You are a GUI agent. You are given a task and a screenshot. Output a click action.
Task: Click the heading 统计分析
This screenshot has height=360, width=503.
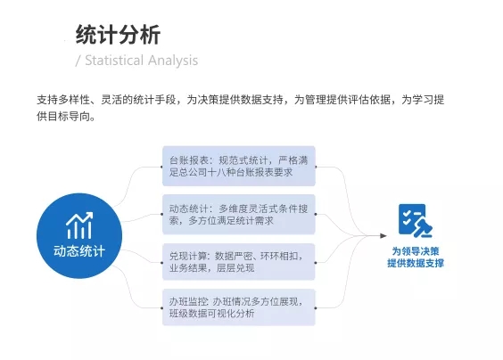click(x=118, y=35)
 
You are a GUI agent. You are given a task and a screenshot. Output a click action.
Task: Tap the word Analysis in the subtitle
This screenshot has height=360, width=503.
click(x=173, y=61)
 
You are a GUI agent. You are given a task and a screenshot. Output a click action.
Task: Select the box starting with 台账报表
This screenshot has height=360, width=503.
click(x=239, y=166)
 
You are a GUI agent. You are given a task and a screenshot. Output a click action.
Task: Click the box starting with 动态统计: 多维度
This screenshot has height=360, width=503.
click(x=239, y=214)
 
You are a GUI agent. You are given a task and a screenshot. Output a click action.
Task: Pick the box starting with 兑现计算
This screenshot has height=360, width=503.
click(x=239, y=262)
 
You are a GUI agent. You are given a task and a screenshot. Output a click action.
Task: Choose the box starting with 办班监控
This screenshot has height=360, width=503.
click(x=239, y=307)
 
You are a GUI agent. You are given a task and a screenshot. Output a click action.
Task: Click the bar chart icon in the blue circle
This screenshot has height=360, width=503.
click(x=79, y=225)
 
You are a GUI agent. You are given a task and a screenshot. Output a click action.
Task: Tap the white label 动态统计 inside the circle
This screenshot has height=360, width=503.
click(x=79, y=251)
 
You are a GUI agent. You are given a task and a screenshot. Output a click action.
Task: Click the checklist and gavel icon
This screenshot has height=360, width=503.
click(x=416, y=221)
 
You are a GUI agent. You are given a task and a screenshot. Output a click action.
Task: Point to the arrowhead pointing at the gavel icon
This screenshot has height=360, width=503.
click(x=383, y=235)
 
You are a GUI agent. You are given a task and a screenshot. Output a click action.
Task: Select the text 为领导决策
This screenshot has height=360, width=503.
click(x=416, y=251)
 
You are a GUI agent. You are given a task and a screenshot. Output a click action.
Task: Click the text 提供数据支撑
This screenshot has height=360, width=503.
click(x=416, y=263)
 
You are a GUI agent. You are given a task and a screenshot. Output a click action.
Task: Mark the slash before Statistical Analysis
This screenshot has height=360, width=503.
click(x=78, y=61)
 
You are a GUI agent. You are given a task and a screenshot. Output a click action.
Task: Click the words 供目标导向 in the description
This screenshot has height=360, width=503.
click(x=63, y=116)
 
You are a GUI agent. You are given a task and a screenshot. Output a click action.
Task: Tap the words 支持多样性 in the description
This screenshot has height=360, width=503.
click(x=63, y=100)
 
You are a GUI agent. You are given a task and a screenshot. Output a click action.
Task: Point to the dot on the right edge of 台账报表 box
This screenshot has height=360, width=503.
click(x=316, y=167)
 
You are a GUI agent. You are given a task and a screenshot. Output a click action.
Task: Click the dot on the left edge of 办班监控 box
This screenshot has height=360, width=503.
click(x=162, y=308)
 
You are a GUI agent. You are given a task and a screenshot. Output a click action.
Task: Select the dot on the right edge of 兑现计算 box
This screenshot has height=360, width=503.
click(x=316, y=263)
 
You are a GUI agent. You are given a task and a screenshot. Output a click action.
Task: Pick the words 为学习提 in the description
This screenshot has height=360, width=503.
click(x=423, y=100)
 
